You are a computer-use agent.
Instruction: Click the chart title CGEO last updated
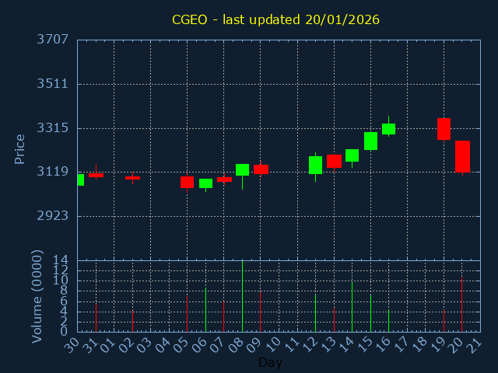point(276,19)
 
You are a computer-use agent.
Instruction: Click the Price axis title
point(20,148)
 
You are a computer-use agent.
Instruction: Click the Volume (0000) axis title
point(37,296)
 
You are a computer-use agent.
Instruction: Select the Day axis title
point(270,363)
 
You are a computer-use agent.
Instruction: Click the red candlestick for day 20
point(462,156)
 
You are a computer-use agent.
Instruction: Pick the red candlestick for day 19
point(444,129)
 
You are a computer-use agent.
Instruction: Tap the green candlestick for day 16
point(388,129)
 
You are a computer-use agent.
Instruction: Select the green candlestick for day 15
point(370,141)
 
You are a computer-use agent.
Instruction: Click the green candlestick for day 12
point(315,165)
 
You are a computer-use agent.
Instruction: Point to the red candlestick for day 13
point(334,161)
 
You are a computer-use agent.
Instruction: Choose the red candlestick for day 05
point(187,182)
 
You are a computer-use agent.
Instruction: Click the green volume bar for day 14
point(352,306)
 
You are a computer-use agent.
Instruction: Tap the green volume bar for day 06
point(205,309)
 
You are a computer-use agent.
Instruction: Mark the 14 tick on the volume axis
point(60,260)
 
